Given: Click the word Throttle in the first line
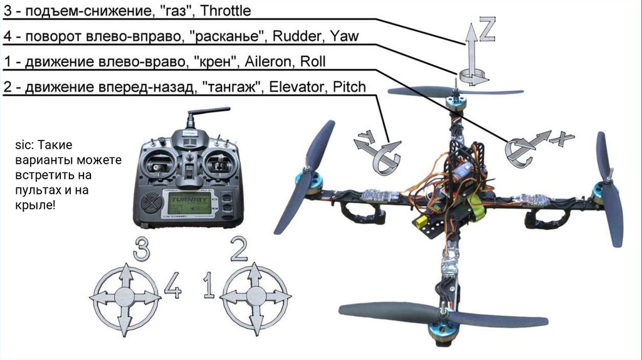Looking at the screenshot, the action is point(224,11).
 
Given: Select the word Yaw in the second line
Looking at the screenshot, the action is point(345,36).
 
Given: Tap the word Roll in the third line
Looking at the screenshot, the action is point(313,61).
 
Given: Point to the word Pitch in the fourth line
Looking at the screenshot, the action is point(349,87).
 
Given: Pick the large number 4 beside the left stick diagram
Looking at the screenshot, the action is point(172,286).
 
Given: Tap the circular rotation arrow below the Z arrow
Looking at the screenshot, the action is point(473,76).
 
